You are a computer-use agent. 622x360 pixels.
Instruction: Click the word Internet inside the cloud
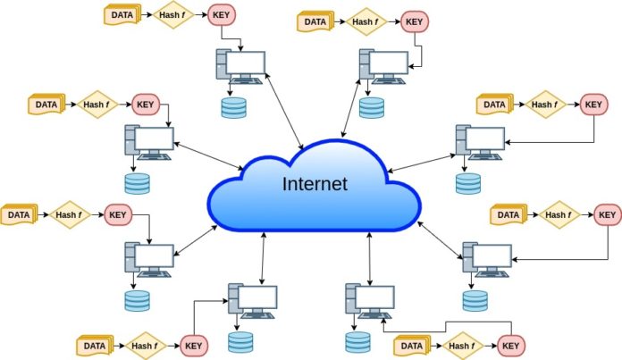pyautogui.click(x=315, y=185)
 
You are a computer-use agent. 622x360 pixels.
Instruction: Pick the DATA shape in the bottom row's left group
pyautogui.click(x=94, y=345)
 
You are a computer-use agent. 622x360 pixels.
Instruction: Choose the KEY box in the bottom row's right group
pyautogui.click(x=510, y=345)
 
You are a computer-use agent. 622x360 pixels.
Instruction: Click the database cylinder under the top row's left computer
pyautogui.click(x=234, y=108)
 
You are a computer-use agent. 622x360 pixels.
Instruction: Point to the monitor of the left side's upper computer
pyautogui.click(x=155, y=138)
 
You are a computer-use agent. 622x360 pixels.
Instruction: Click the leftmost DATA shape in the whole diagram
pyautogui.click(x=18, y=214)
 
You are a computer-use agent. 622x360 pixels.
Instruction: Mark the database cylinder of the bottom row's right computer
pyautogui.click(x=357, y=341)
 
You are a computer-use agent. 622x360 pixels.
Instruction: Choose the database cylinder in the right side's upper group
pyautogui.click(x=467, y=184)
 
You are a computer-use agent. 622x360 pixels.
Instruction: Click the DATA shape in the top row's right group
pyautogui.click(x=315, y=21)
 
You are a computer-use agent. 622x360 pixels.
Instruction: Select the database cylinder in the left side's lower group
pyautogui.click(x=138, y=300)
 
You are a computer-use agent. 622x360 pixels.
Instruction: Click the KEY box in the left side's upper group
pyautogui.click(x=146, y=105)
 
